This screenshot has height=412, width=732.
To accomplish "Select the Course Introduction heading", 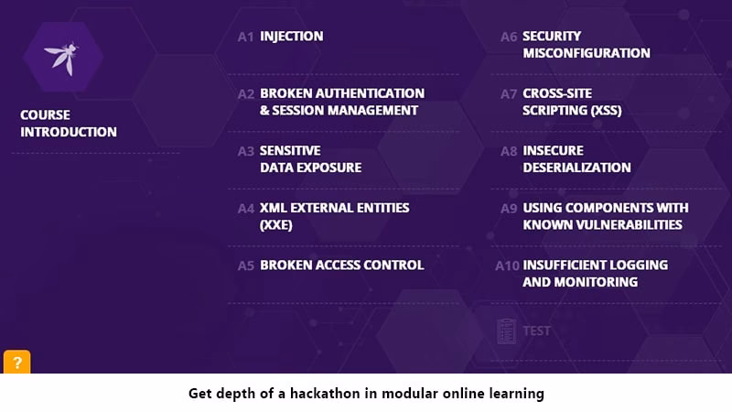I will coord(69,124).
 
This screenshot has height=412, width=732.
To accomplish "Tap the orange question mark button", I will coord(16,362).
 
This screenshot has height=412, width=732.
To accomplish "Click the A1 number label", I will coord(245,37).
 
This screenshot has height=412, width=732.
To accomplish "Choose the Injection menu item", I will coord(291,37).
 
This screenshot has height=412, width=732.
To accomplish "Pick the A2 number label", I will coord(245,94).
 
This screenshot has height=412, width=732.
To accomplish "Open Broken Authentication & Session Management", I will coord(341,102).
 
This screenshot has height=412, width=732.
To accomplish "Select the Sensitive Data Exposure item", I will coord(310,159).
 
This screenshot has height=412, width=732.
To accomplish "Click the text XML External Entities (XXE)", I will coord(334,216).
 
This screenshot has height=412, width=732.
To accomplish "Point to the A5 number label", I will coord(245,266).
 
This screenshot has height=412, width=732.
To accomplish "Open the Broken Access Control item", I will coord(341,266).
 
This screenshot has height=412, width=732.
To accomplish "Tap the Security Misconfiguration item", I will coord(586,45).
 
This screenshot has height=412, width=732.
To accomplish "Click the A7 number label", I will coord(509,94).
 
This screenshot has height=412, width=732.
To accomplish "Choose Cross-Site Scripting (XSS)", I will coord(572,102).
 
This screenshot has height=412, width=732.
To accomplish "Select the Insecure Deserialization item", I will coord(576,159).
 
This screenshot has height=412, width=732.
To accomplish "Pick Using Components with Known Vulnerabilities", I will coord(605,216).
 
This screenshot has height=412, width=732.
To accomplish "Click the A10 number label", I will coord(507,266).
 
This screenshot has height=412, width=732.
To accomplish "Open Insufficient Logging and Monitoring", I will coord(595,274).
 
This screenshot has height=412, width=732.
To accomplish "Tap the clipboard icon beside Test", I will coord(506,331).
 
